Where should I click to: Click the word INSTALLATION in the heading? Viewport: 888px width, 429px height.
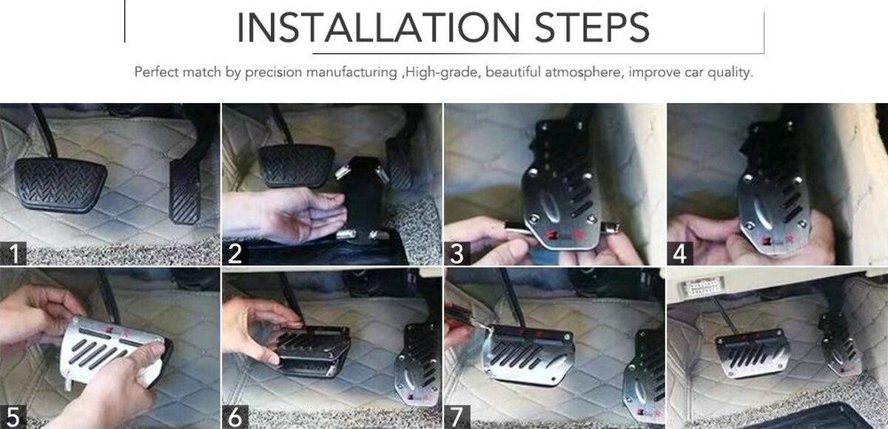click(x=378, y=27)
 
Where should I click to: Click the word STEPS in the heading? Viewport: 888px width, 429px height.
click(x=592, y=27)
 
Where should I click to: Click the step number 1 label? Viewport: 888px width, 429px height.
click(x=13, y=253)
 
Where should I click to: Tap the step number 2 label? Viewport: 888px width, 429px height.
click(x=235, y=253)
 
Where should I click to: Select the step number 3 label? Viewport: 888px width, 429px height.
click(x=457, y=253)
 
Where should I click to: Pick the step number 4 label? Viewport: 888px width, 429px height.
click(x=680, y=253)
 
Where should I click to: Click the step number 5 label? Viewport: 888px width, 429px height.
click(x=13, y=416)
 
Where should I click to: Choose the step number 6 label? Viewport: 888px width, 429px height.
click(x=235, y=416)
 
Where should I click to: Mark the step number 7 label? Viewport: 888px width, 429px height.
click(x=457, y=416)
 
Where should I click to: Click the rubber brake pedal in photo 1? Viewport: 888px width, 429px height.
click(x=60, y=184)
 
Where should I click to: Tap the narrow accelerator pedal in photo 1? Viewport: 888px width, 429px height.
click(x=185, y=191)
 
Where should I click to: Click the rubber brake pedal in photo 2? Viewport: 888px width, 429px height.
click(x=296, y=165)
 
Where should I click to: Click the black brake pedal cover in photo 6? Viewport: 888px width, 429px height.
click(x=313, y=349)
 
